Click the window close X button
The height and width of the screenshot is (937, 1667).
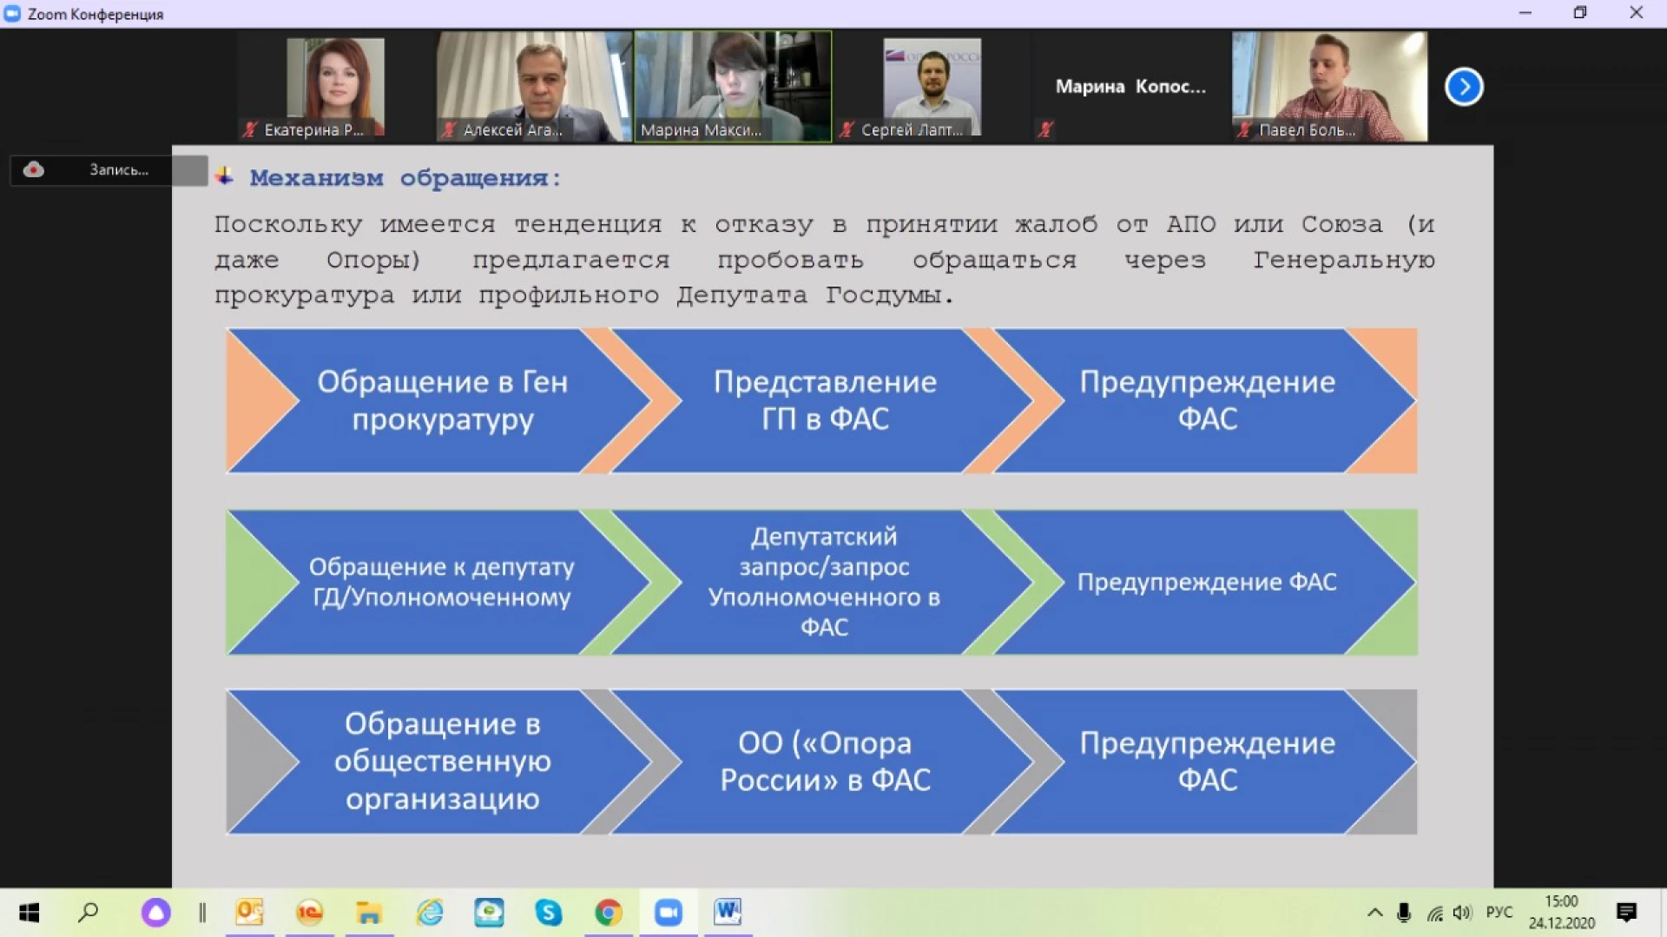(x=1636, y=13)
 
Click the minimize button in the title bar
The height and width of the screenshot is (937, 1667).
(x=1525, y=13)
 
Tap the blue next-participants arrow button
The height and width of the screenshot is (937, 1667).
(x=1464, y=87)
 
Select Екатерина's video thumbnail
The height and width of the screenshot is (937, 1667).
(x=336, y=87)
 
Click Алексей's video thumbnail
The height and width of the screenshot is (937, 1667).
(x=534, y=87)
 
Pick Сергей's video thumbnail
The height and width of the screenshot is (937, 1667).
(x=932, y=87)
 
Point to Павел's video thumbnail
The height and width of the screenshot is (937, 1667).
(x=1329, y=87)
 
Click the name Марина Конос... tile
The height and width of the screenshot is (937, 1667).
(x=1130, y=87)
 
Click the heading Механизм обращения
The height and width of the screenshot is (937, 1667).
(x=405, y=178)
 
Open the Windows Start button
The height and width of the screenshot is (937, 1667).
(x=30, y=913)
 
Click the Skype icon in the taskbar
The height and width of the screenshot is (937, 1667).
(x=549, y=913)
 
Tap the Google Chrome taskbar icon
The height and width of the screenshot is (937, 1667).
(x=609, y=913)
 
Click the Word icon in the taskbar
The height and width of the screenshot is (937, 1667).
(x=728, y=913)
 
